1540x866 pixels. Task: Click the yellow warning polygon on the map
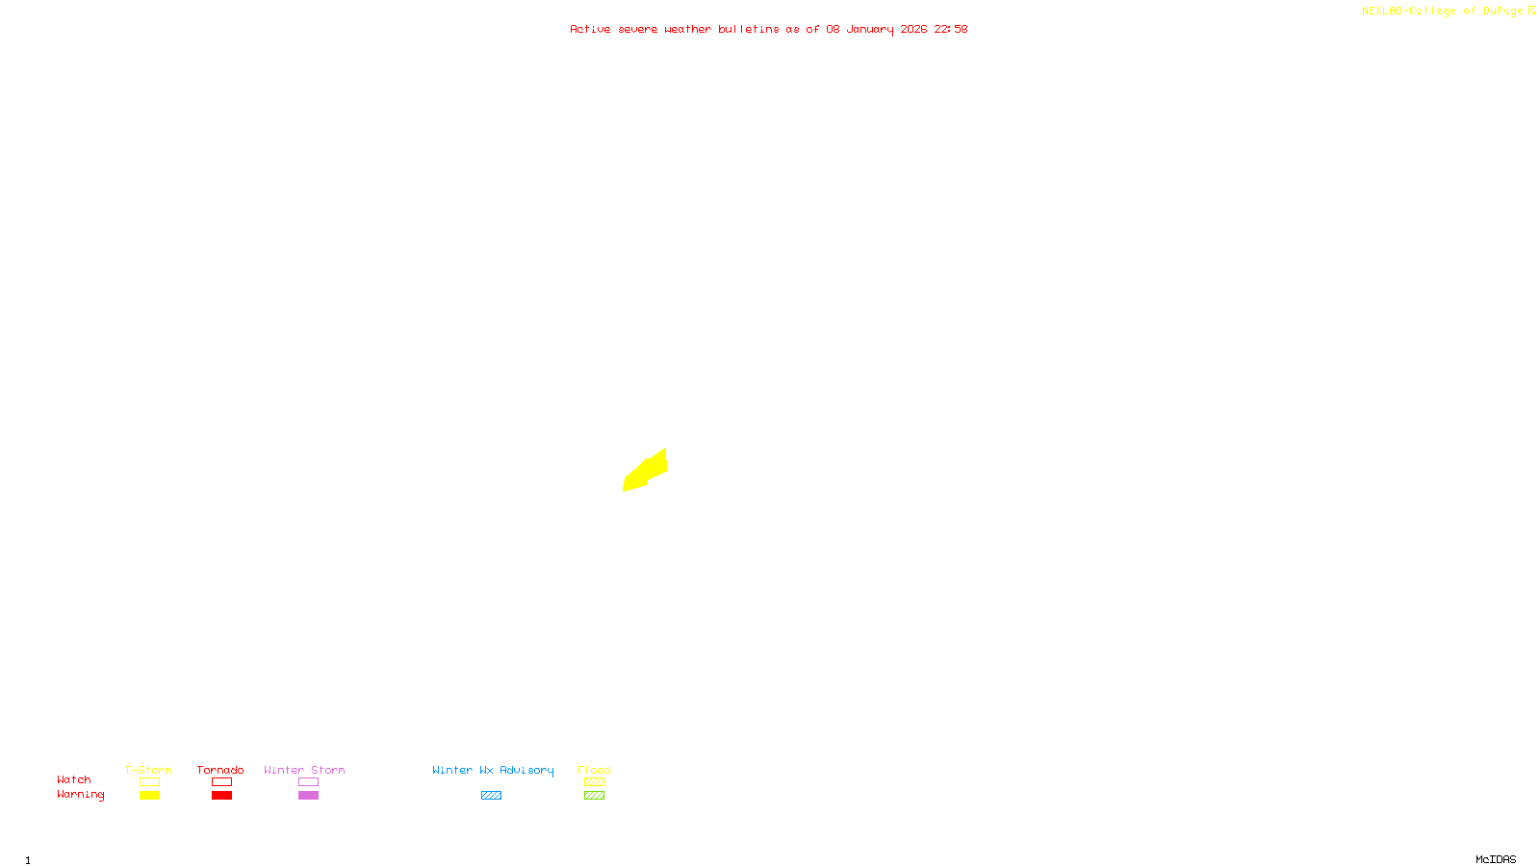point(647,470)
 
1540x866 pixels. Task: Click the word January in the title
point(869,29)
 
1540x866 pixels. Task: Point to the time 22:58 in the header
point(950,29)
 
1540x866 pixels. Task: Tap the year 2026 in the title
point(913,29)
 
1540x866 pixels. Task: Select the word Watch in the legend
point(74,779)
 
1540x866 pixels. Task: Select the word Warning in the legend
point(80,795)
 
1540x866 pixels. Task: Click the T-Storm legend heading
point(148,770)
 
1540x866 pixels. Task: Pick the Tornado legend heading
point(220,770)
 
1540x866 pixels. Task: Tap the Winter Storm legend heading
point(304,770)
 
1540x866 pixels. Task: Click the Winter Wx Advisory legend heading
point(493,770)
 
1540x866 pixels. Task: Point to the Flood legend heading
point(594,770)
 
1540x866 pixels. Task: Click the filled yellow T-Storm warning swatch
point(149,796)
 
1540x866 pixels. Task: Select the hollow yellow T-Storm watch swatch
point(149,782)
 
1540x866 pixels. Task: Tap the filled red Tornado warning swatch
point(222,796)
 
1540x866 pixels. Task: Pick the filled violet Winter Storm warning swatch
point(308,796)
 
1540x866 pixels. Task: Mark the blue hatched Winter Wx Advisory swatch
point(491,796)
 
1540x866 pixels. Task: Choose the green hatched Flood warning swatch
point(594,796)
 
